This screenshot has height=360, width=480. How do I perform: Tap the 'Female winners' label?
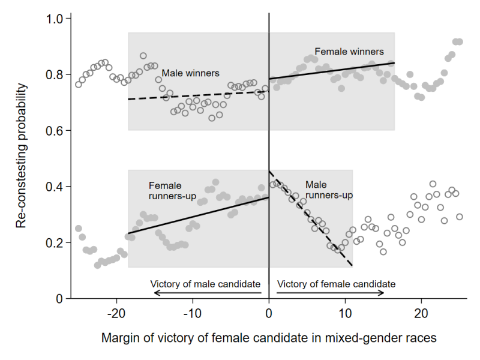[x=349, y=52]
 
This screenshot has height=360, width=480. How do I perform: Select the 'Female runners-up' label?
[x=164, y=191]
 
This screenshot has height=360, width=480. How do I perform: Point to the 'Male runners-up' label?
[x=328, y=190]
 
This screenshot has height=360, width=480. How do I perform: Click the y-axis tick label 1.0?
[x=55, y=19]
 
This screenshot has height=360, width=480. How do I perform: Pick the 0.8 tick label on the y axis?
[x=55, y=75]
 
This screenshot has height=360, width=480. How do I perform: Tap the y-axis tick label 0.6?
[x=55, y=131]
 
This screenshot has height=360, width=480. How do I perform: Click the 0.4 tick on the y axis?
[x=55, y=187]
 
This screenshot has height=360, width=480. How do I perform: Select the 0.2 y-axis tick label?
[x=55, y=242]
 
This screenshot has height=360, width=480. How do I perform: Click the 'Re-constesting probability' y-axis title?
[x=22, y=156]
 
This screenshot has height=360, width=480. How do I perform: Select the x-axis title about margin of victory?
[x=268, y=338]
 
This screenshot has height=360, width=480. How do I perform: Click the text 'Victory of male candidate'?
[x=205, y=283]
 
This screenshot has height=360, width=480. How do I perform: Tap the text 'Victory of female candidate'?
[x=336, y=283]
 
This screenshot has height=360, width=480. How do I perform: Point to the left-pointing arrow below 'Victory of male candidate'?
[x=208, y=293]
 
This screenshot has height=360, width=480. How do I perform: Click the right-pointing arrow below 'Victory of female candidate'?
[x=330, y=293]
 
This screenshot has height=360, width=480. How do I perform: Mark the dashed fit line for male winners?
[x=198, y=95]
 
